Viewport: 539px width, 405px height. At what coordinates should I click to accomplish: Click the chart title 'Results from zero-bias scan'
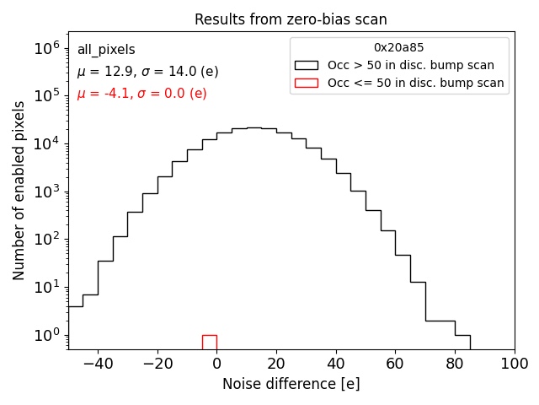(x=291, y=19)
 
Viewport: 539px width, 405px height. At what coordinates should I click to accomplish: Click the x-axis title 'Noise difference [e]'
(x=291, y=384)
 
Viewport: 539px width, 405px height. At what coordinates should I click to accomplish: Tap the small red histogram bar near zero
(x=209, y=342)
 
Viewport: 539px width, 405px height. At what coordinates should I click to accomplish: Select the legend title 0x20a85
(x=399, y=48)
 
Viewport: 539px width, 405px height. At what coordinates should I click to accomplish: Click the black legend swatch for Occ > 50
(x=307, y=65)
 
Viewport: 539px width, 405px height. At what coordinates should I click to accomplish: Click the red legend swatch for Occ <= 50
(x=307, y=83)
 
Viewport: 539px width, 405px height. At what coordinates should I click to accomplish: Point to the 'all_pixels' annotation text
(x=106, y=50)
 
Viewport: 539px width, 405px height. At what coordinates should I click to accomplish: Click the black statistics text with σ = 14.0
(x=147, y=72)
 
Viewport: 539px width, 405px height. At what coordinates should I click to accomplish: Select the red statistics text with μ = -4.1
(x=141, y=94)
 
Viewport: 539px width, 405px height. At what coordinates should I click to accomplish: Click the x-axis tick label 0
(x=216, y=364)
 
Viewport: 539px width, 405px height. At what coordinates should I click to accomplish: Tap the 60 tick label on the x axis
(x=396, y=364)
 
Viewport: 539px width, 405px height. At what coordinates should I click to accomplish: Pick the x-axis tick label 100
(x=515, y=364)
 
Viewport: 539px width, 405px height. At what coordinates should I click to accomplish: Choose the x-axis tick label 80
(x=456, y=364)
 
